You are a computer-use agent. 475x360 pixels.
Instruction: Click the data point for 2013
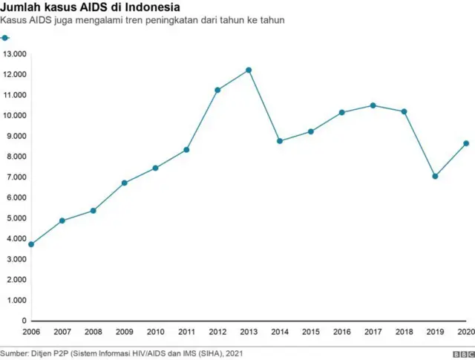click(249, 70)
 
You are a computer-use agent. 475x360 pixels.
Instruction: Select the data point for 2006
click(31, 244)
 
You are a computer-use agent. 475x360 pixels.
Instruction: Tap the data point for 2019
click(435, 176)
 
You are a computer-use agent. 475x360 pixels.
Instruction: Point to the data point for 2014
click(280, 141)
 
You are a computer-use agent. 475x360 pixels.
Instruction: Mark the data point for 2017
click(373, 105)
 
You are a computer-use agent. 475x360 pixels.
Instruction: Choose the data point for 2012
click(217, 90)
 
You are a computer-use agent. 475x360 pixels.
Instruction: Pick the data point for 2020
click(466, 143)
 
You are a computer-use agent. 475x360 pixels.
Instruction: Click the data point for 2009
click(125, 183)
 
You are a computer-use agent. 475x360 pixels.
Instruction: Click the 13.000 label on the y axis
click(14, 54)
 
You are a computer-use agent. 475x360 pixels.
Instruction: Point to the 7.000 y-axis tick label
click(14, 177)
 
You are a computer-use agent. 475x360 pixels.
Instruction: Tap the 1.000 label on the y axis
click(14, 301)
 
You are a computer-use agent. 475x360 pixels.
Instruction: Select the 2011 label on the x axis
click(187, 331)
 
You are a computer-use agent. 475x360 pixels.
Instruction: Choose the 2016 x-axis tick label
click(342, 331)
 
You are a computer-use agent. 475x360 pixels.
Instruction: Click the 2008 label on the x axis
click(94, 331)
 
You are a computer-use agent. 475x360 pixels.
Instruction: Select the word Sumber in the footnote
click(15, 353)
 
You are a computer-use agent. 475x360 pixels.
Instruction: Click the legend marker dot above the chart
click(5, 37)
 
